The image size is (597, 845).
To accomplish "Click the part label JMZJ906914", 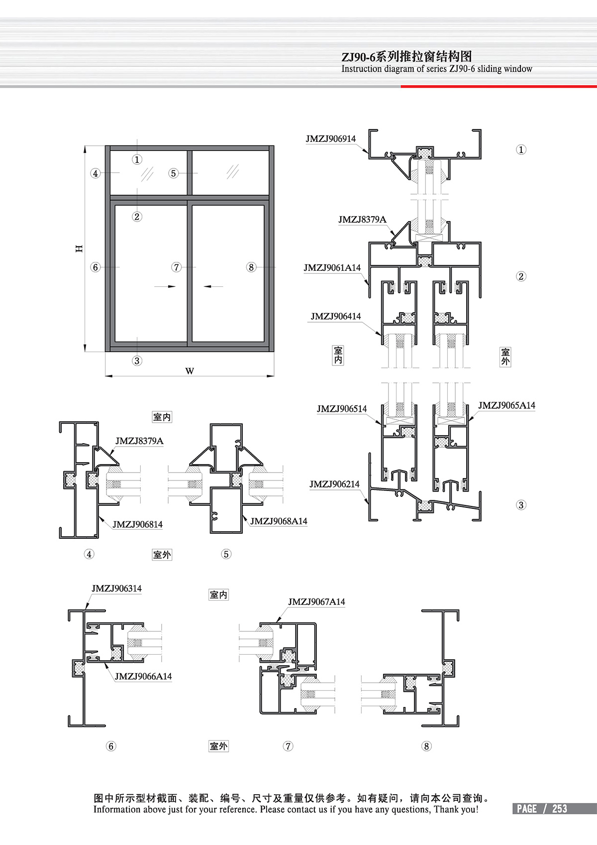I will pos(330,139).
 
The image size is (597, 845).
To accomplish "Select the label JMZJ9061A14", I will pos(332,268).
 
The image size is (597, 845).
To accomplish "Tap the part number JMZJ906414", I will pos(336,316).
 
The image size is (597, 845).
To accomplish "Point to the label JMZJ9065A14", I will pos(506,405).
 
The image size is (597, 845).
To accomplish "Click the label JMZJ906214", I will pos(334,484).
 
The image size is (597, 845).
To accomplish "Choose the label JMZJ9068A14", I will pos(279,521).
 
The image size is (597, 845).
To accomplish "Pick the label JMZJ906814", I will pos(137,524).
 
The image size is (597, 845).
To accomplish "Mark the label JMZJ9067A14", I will pos(316,602).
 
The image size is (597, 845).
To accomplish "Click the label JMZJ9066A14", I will pos(143,676).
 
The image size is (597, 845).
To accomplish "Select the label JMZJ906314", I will pos(116,589).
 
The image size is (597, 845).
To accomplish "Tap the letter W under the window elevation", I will pos(190,371).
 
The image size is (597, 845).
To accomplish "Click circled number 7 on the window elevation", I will pos(176,267).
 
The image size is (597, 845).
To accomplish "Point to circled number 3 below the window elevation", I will pos(137,361).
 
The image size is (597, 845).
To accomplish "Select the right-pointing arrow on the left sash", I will pos(165,286).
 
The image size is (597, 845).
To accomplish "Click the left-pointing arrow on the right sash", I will pos(213,286).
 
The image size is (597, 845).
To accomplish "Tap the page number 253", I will pos(559,809).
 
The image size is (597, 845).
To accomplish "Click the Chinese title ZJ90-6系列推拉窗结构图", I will pos(406,56).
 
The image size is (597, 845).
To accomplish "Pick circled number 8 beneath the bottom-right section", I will pos(426,746).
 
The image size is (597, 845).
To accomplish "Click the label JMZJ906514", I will pos(342,409).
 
